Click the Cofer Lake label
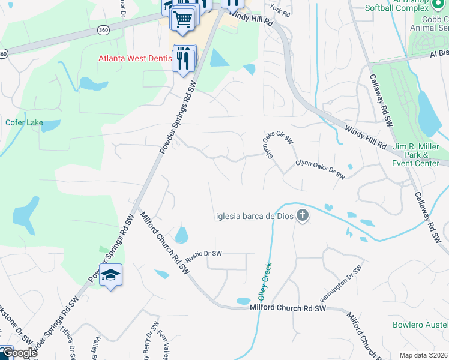point(24,123)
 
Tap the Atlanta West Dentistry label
point(136,59)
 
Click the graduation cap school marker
point(110,275)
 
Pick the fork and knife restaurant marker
point(184,59)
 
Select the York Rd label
point(280,10)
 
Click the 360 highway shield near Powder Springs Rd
point(102,30)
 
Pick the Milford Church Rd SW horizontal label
point(287,308)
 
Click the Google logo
point(19,353)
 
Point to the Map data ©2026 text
point(423,355)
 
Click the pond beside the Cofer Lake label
point(50,125)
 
